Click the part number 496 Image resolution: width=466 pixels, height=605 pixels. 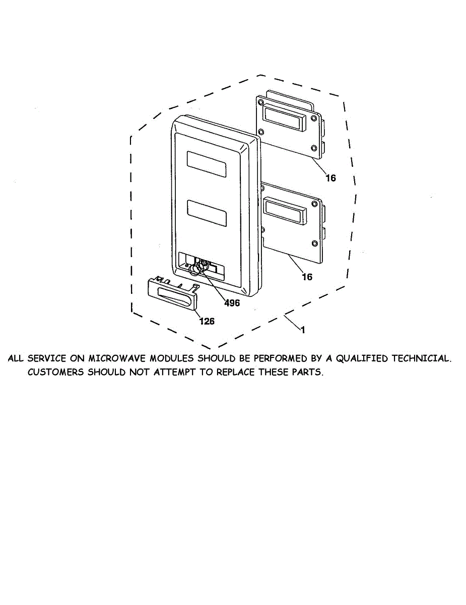[x=232, y=303]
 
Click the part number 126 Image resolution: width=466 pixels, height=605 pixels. [x=207, y=321]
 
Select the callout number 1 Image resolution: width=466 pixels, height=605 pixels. [x=302, y=330]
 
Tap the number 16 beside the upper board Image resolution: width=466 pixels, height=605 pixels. [x=330, y=178]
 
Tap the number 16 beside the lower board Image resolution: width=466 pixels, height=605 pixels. [x=307, y=277]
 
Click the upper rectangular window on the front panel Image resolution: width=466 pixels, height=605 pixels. [x=207, y=164]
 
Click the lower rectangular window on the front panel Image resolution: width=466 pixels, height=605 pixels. [x=207, y=213]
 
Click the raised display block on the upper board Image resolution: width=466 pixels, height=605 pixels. [x=284, y=119]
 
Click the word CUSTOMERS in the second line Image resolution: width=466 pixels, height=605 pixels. [x=56, y=373]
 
